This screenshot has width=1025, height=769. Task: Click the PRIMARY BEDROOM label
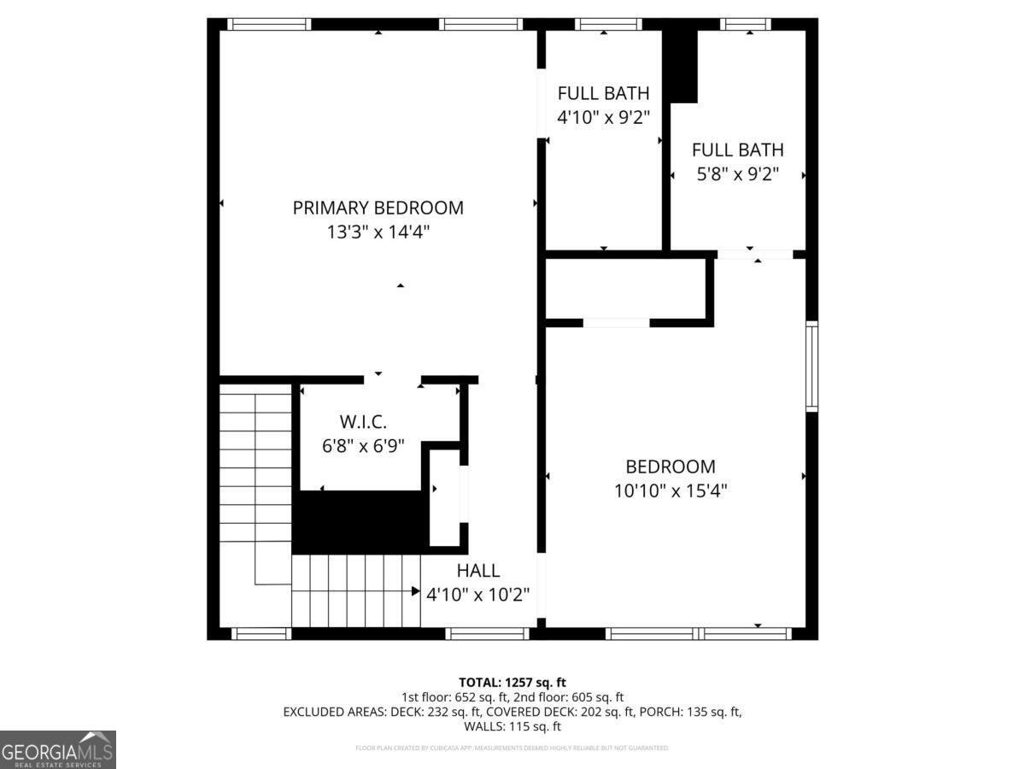(378, 208)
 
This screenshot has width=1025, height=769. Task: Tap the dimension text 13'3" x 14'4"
(378, 232)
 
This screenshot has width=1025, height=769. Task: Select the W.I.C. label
(363, 421)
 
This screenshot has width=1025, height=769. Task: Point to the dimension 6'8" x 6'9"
(363, 445)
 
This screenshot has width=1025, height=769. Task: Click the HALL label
(477, 571)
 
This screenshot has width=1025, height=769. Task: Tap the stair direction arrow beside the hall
(415, 591)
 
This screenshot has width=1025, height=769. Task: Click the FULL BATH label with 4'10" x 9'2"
(603, 93)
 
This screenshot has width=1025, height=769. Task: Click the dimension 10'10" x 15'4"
(670, 491)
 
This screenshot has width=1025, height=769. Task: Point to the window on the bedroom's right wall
(811, 366)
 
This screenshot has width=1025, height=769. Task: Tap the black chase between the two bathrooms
(682, 65)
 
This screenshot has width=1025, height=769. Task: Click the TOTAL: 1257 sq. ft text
(512, 682)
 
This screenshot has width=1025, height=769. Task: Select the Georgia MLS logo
(57, 749)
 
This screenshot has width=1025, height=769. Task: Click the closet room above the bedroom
(625, 291)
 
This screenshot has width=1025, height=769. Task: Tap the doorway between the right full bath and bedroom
(755, 254)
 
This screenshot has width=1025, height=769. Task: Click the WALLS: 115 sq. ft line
(512, 727)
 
